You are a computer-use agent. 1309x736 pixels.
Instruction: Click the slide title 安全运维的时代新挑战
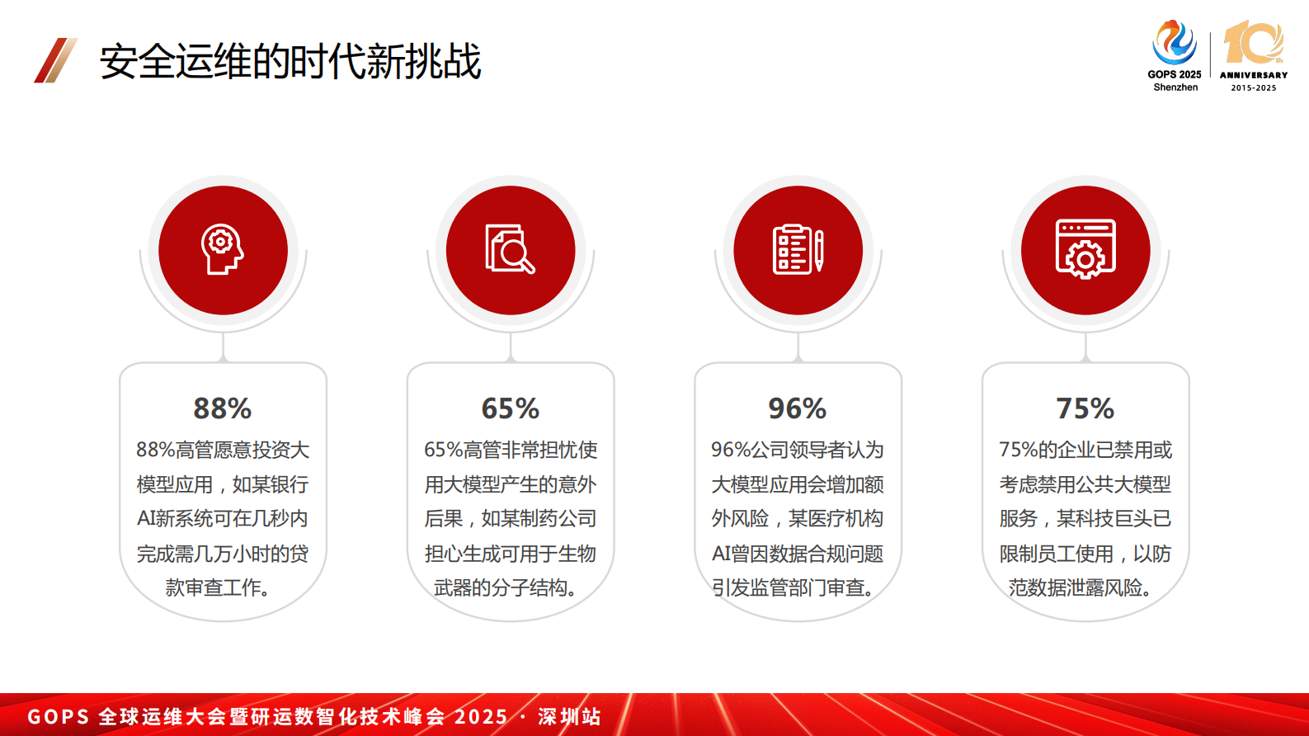pyautogui.click(x=290, y=61)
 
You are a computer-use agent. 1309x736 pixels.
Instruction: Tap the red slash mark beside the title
pyautogui.click(x=55, y=60)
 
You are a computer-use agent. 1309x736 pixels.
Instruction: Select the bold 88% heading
pyautogui.click(x=223, y=408)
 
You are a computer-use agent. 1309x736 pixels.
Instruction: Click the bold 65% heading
pyautogui.click(x=511, y=408)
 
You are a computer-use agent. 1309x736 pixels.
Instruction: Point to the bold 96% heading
pyautogui.click(x=798, y=408)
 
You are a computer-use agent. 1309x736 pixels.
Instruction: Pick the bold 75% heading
pyautogui.click(x=1085, y=408)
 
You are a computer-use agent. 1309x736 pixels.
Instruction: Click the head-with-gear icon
pyautogui.click(x=223, y=249)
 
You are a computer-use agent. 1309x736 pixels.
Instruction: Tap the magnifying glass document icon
pyautogui.click(x=511, y=249)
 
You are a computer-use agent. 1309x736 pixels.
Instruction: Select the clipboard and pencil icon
pyautogui.click(x=798, y=249)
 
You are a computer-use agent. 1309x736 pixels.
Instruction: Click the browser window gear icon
pyautogui.click(x=1085, y=249)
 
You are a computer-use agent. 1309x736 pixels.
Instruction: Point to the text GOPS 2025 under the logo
pyautogui.click(x=1174, y=74)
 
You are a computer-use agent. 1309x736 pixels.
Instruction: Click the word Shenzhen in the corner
pyautogui.click(x=1175, y=87)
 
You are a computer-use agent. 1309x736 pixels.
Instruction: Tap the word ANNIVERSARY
pyautogui.click(x=1254, y=75)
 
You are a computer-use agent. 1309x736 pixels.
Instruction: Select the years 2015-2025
pyautogui.click(x=1254, y=87)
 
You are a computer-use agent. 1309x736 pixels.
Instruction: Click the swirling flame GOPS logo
pyautogui.click(x=1174, y=42)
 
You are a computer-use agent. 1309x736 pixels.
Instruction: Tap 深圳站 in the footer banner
pyautogui.click(x=569, y=716)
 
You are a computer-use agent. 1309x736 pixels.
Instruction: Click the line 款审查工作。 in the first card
pyautogui.click(x=218, y=587)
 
